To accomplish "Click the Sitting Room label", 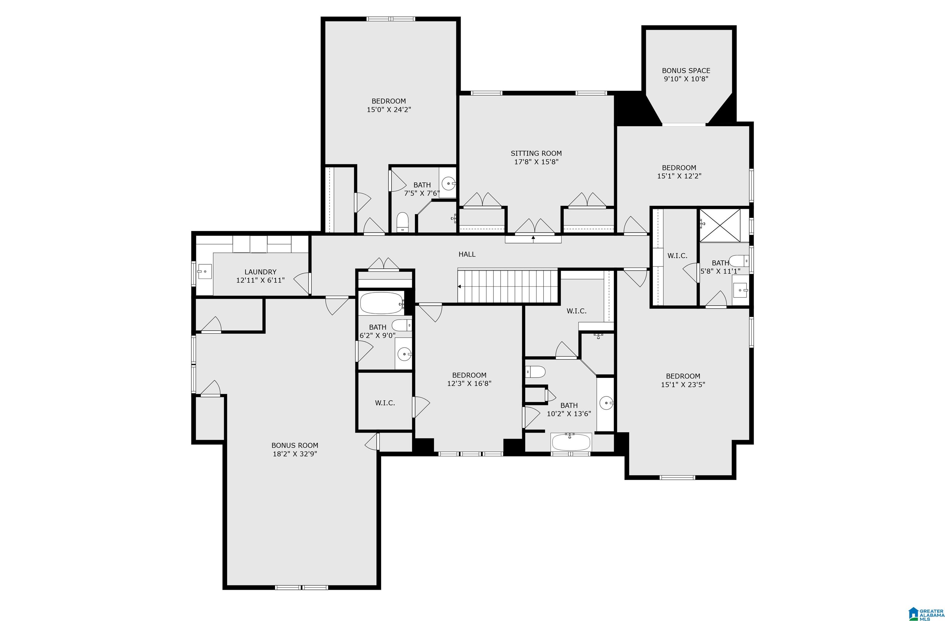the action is click(x=536, y=153).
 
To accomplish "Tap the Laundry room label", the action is click(x=261, y=272).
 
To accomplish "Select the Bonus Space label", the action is click(x=686, y=71).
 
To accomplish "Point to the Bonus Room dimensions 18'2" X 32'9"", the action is click(x=295, y=454).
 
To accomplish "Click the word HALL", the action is click(x=467, y=254).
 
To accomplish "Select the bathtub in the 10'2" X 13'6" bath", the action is click(x=571, y=442).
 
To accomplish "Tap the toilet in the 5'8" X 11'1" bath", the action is click(x=739, y=261).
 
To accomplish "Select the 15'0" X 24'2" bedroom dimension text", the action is click(x=389, y=110).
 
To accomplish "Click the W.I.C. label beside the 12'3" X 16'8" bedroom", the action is click(x=385, y=403).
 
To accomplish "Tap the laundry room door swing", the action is click(x=302, y=283).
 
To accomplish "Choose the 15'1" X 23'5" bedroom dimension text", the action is click(x=683, y=385).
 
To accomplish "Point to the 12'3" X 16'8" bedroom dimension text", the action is click(x=469, y=384).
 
